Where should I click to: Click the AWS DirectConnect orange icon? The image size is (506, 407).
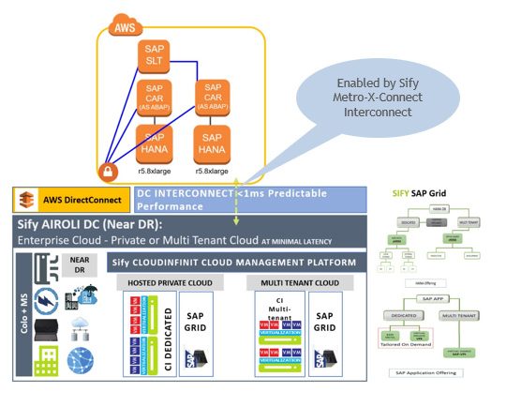pyautogui.click(x=27, y=199)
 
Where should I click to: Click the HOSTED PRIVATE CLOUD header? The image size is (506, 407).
pyautogui.click(x=166, y=281)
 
